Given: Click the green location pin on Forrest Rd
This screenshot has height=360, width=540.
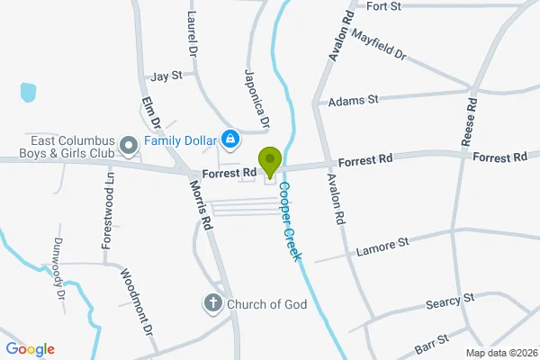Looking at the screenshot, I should coord(269,162).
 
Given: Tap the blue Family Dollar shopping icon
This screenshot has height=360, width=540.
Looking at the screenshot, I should coord(230,139).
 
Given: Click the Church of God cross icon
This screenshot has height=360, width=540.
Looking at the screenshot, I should coord(213,303).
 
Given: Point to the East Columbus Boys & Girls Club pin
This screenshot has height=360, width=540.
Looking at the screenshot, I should coord(128,143).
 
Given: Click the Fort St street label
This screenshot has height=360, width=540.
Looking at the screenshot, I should coord(383,5).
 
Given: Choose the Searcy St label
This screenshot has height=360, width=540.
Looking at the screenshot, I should coord(451,300).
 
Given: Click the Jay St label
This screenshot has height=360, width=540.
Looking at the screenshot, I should coord(167,76).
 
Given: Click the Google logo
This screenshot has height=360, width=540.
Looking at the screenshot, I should coord(30,349).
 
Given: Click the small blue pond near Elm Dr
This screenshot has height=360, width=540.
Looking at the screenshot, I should coord(28,91).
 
